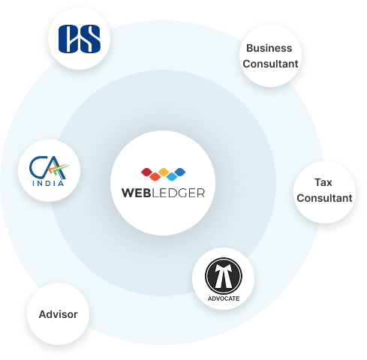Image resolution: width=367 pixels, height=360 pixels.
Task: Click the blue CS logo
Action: pyautogui.click(x=80, y=39)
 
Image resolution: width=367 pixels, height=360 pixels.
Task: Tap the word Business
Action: pyautogui.click(x=269, y=48)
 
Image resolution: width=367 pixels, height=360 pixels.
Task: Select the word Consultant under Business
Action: pyautogui.click(x=270, y=64)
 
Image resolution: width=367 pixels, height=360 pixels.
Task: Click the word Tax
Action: pyautogui.click(x=323, y=182)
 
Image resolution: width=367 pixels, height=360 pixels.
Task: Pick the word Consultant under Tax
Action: pyautogui.click(x=324, y=198)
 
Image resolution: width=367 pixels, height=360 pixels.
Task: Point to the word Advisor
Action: pyautogui.click(x=59, y=314)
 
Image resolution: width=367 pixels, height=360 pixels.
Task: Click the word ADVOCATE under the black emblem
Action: pyautogui.click(x=224, y=298)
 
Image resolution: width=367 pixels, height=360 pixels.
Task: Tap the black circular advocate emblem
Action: pyautogui.click(x=224, y=276)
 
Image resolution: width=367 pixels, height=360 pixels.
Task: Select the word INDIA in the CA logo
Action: pyautogui.click(x=48, y=183)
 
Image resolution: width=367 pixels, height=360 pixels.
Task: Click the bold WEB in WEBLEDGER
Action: pyautogui.click(x=137, y=193)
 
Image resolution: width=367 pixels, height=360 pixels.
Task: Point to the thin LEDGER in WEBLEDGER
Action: pyautogui.click(x=179, y=193)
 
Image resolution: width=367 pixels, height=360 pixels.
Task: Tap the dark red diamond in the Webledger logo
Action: pyautogui.click(x=146, y=172)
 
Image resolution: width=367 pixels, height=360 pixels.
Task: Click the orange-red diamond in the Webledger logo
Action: pyautogui.click(x=155, y=176)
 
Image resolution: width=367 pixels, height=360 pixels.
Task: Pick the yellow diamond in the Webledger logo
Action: pyautogui.click(x=164, y=172)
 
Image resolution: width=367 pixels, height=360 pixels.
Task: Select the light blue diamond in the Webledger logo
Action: pyautogui.click(x=172, y=176)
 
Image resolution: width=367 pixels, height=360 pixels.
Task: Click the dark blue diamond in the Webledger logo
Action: pyautogui.click(x=180, y=172)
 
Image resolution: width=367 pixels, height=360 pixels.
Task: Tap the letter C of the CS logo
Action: pyautogui.click(x=68, y=39)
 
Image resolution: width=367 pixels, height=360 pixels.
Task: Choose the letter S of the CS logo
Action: pyautogui.click(x=90, y=39)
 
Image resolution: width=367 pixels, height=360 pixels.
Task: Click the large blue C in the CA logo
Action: pyautogui.click(x=38, y=166)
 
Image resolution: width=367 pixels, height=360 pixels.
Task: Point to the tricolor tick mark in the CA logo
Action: pyautogui.click(x=59, y=169)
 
